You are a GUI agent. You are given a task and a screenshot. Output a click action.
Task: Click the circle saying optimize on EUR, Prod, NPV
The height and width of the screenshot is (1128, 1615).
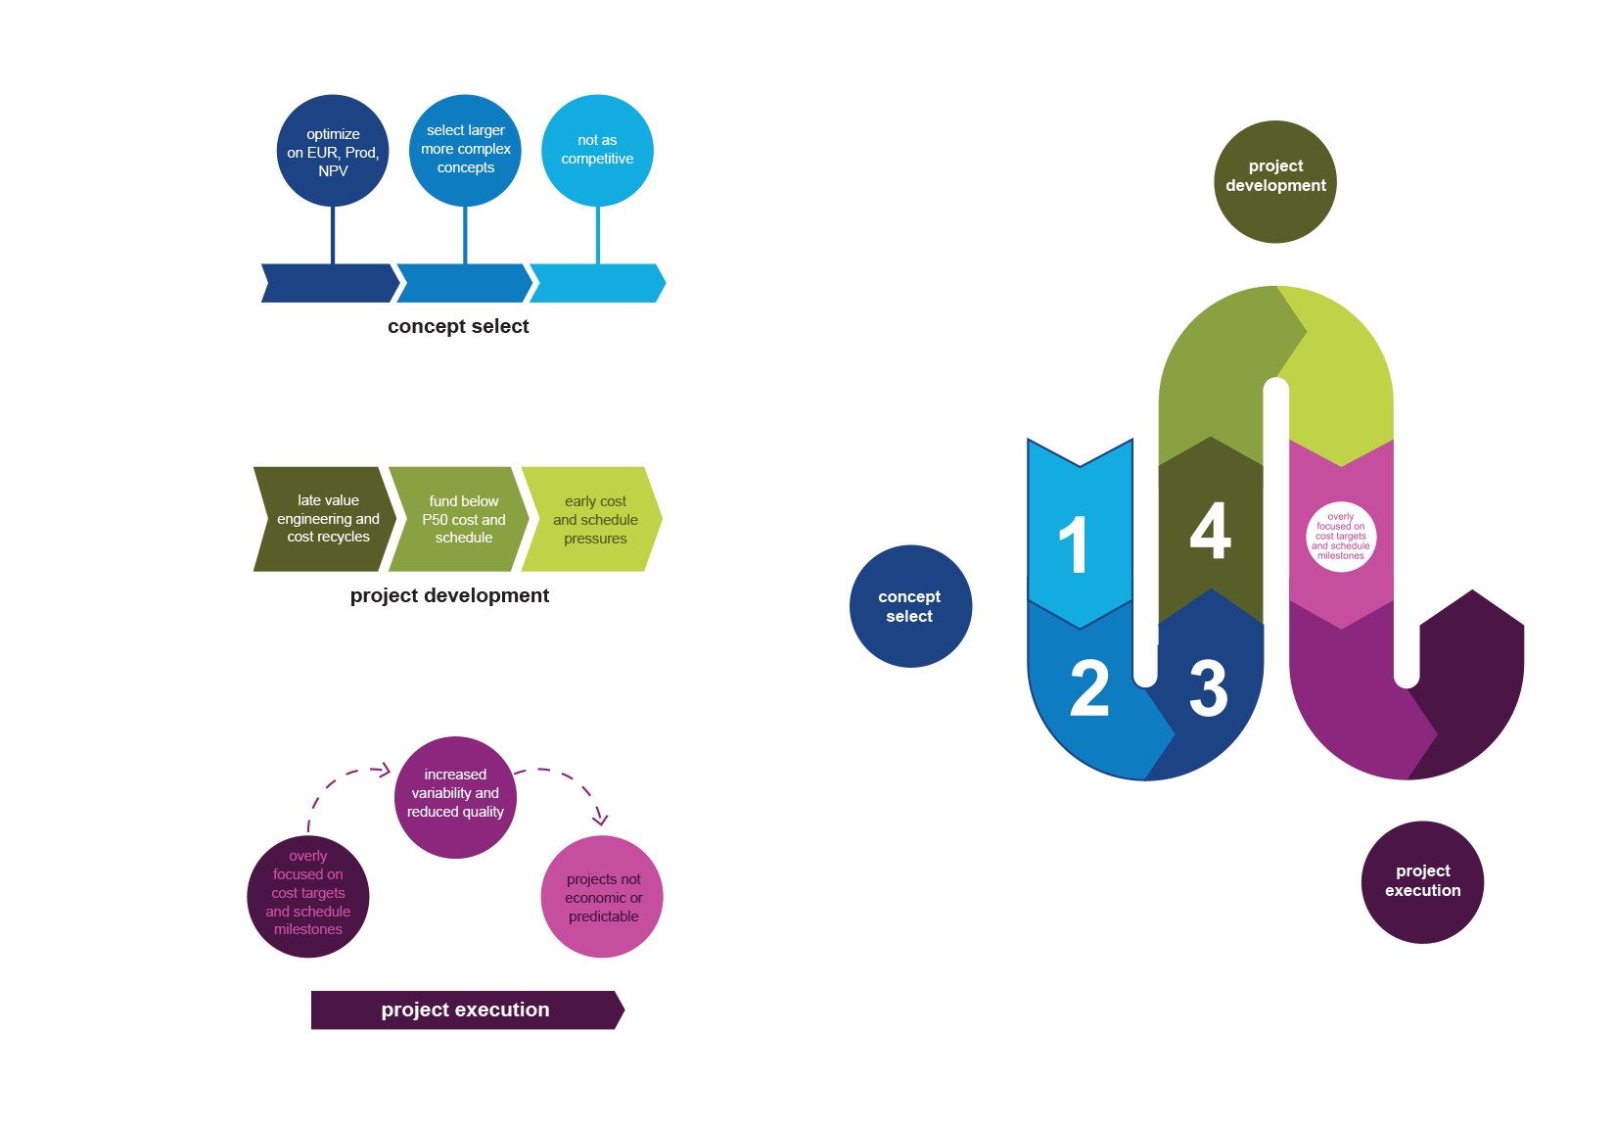click(x=333, y=151)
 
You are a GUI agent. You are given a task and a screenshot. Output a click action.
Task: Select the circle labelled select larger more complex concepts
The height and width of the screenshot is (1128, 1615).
click(x=465, y=150)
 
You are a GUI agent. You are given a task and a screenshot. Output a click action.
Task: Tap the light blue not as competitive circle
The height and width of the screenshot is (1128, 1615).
click(x=597, y=150)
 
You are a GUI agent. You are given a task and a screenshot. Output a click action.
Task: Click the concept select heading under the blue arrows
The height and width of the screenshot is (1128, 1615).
click(x=458, y=326)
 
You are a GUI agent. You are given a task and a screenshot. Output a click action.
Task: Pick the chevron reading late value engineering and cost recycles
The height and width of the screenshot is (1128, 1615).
click(x=327, y=519)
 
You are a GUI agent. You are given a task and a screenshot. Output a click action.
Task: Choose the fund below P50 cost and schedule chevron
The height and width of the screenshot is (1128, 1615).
click(x=462, y=519)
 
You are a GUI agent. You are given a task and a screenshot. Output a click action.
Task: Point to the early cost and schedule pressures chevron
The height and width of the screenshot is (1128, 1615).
click(x=594, y=519)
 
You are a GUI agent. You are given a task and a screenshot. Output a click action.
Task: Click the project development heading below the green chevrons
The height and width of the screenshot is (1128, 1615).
click(x=449, y=595)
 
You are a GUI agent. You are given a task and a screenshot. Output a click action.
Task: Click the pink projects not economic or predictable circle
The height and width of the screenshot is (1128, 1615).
click(x=602, y=896)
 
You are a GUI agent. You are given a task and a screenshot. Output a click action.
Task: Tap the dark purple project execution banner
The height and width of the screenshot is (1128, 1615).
click(x=466, y=1010)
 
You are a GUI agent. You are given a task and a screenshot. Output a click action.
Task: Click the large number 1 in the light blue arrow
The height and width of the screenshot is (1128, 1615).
click(x=1074, y=544)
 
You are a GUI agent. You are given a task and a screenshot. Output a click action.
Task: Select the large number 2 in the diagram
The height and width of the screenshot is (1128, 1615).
click(x=1089, y=688)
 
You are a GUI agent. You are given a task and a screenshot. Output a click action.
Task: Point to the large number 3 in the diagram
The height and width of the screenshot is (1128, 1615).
click(x=1209, y=688)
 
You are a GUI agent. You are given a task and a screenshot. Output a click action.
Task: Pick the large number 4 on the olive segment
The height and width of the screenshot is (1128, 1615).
click(x=1210, y=532)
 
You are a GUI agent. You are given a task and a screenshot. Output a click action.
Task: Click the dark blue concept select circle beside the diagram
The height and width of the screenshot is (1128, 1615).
click(x=910, y=606)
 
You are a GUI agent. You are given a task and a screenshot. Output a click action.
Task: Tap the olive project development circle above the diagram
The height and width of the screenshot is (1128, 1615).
click(x=1275, y=182)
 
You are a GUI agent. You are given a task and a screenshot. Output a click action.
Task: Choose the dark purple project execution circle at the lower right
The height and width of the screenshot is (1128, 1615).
click(x=1422, y=881)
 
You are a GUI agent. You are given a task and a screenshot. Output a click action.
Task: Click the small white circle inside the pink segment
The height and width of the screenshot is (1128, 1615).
click(x=1341, y=537)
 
